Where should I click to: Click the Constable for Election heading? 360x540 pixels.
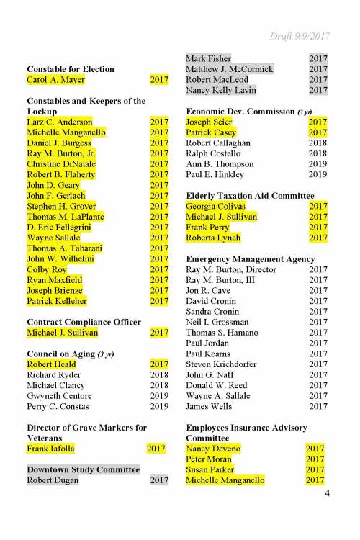[x=71, y=69]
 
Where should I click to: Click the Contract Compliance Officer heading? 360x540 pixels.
[x=84, y=322]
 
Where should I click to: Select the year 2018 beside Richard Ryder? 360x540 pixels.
[x=158, y=374]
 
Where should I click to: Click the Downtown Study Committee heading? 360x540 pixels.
[x=83, y=469]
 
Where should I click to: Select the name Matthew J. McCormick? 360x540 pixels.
[x=230, y=69]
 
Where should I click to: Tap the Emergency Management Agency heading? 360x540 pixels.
[x=250, y=258]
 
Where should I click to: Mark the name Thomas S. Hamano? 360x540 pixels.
[x=222, y=333]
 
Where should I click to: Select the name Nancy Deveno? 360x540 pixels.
[x=213, y=449]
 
